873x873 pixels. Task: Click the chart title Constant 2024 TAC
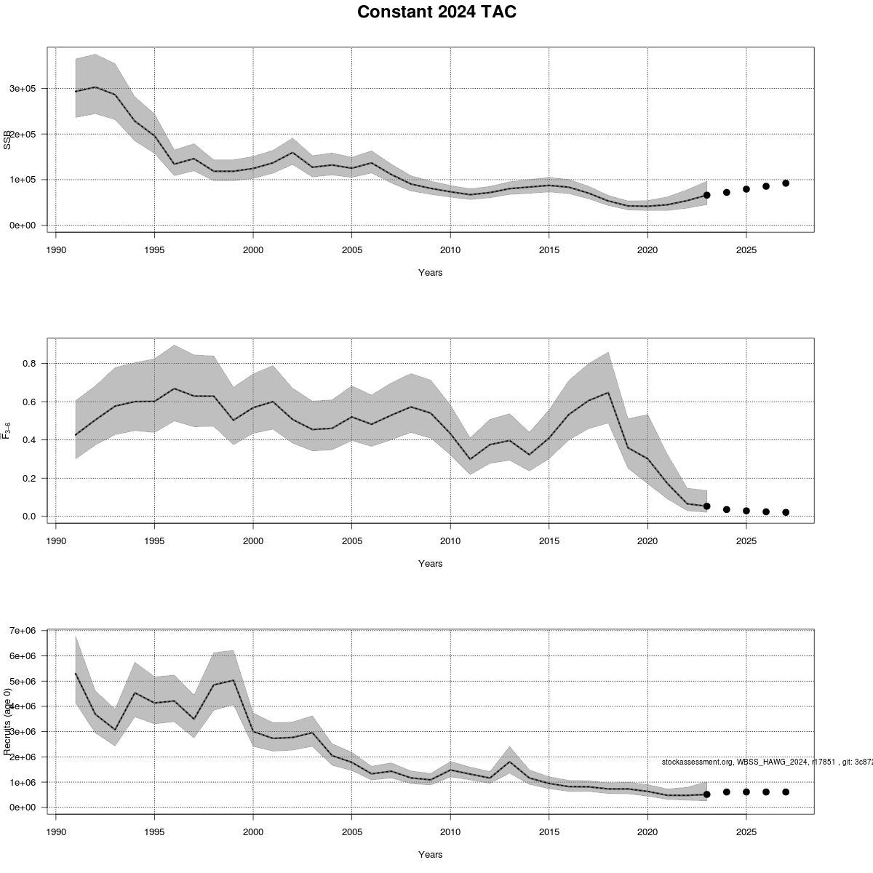coord(436,12)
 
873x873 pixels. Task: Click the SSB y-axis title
coord(7,140)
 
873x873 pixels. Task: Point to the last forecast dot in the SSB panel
coord(786,183)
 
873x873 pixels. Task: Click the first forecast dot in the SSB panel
coord(706,195)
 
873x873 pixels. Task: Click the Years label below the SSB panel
coord(430,273)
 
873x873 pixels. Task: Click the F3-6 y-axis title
coord(7,431)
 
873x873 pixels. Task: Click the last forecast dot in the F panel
coord(786,512)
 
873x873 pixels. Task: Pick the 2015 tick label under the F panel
coord(549,541)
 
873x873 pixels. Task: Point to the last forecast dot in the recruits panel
coord(786,792)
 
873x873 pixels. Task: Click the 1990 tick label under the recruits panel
coord(56,832)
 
